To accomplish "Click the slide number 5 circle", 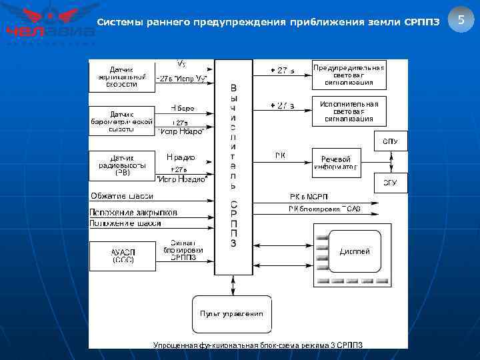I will [461, 21].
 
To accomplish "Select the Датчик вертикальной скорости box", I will [122, 76].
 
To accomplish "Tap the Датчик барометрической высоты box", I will [122, 121].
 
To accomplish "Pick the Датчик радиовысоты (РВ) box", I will [122, 165].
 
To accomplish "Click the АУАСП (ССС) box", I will [122, 256].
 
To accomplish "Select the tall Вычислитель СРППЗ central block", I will [233, 167].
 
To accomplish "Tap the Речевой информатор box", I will [336, 162].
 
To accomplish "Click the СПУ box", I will [390, 141].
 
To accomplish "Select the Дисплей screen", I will [355, 252].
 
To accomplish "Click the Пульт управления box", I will [231, 313].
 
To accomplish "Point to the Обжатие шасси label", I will [121, 196].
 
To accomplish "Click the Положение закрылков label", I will [133, 212].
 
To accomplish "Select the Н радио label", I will [180, 157].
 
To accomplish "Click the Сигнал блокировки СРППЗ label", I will [183, 251].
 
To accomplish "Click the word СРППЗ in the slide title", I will [422, 23].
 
